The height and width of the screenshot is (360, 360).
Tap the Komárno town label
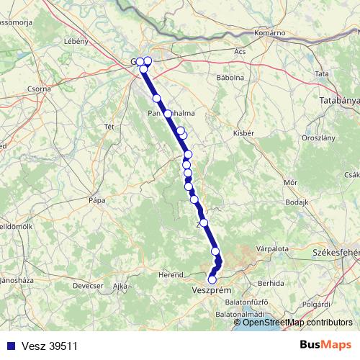click(x=271, y=33)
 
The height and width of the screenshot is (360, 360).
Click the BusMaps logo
click(x=325, y=346)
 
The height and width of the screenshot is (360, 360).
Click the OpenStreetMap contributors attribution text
click(x=297, y=323)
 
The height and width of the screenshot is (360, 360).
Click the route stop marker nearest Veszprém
click(x=212, y=279)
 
